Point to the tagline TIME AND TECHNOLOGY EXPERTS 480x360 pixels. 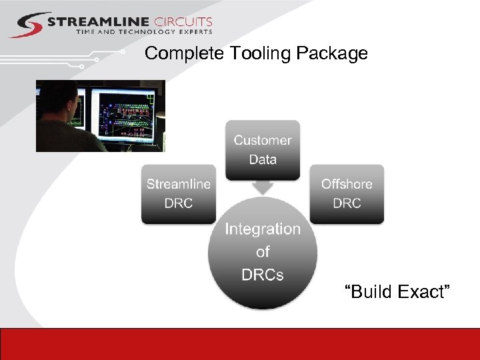click(144, 31)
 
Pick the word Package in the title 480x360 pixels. click(333, 53)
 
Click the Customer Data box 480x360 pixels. click(262, 150)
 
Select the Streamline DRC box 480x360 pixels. click(178, 193)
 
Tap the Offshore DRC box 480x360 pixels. click(347, 193)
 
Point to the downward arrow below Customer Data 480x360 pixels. click(263, 187)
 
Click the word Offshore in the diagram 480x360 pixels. click(347, 184)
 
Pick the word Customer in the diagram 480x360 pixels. click(262, 140)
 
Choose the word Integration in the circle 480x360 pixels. click(263, 229)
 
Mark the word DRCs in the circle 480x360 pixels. click(263, 274)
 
